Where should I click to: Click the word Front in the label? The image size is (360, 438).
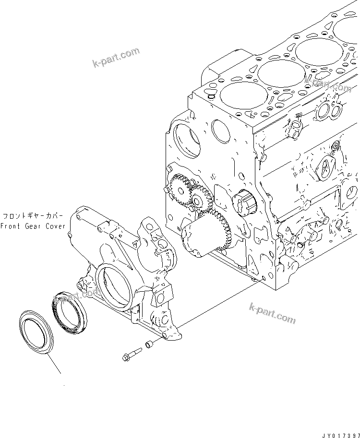click(x=10, y=226)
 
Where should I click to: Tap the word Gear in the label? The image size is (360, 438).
click(x=34, y=226)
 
